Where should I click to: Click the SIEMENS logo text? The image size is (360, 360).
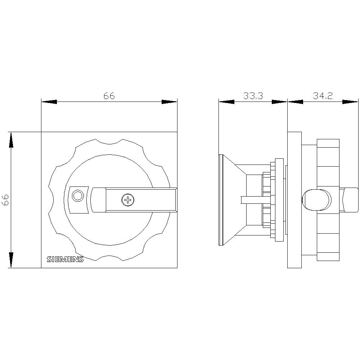point(65,259)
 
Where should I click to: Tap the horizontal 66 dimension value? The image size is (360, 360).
point(109,96)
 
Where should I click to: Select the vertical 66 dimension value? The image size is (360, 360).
point(5,200)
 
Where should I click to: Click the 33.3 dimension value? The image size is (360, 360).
point(253,96)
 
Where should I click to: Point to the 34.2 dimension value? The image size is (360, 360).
point(323,96)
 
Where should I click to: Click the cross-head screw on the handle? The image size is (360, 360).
point(128,200)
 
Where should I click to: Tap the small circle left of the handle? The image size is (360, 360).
point(78,196)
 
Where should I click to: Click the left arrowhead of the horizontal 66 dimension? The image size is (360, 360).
point(49,102)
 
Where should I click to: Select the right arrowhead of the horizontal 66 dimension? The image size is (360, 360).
point(170,102)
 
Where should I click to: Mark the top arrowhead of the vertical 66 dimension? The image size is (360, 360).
point(11,140)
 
